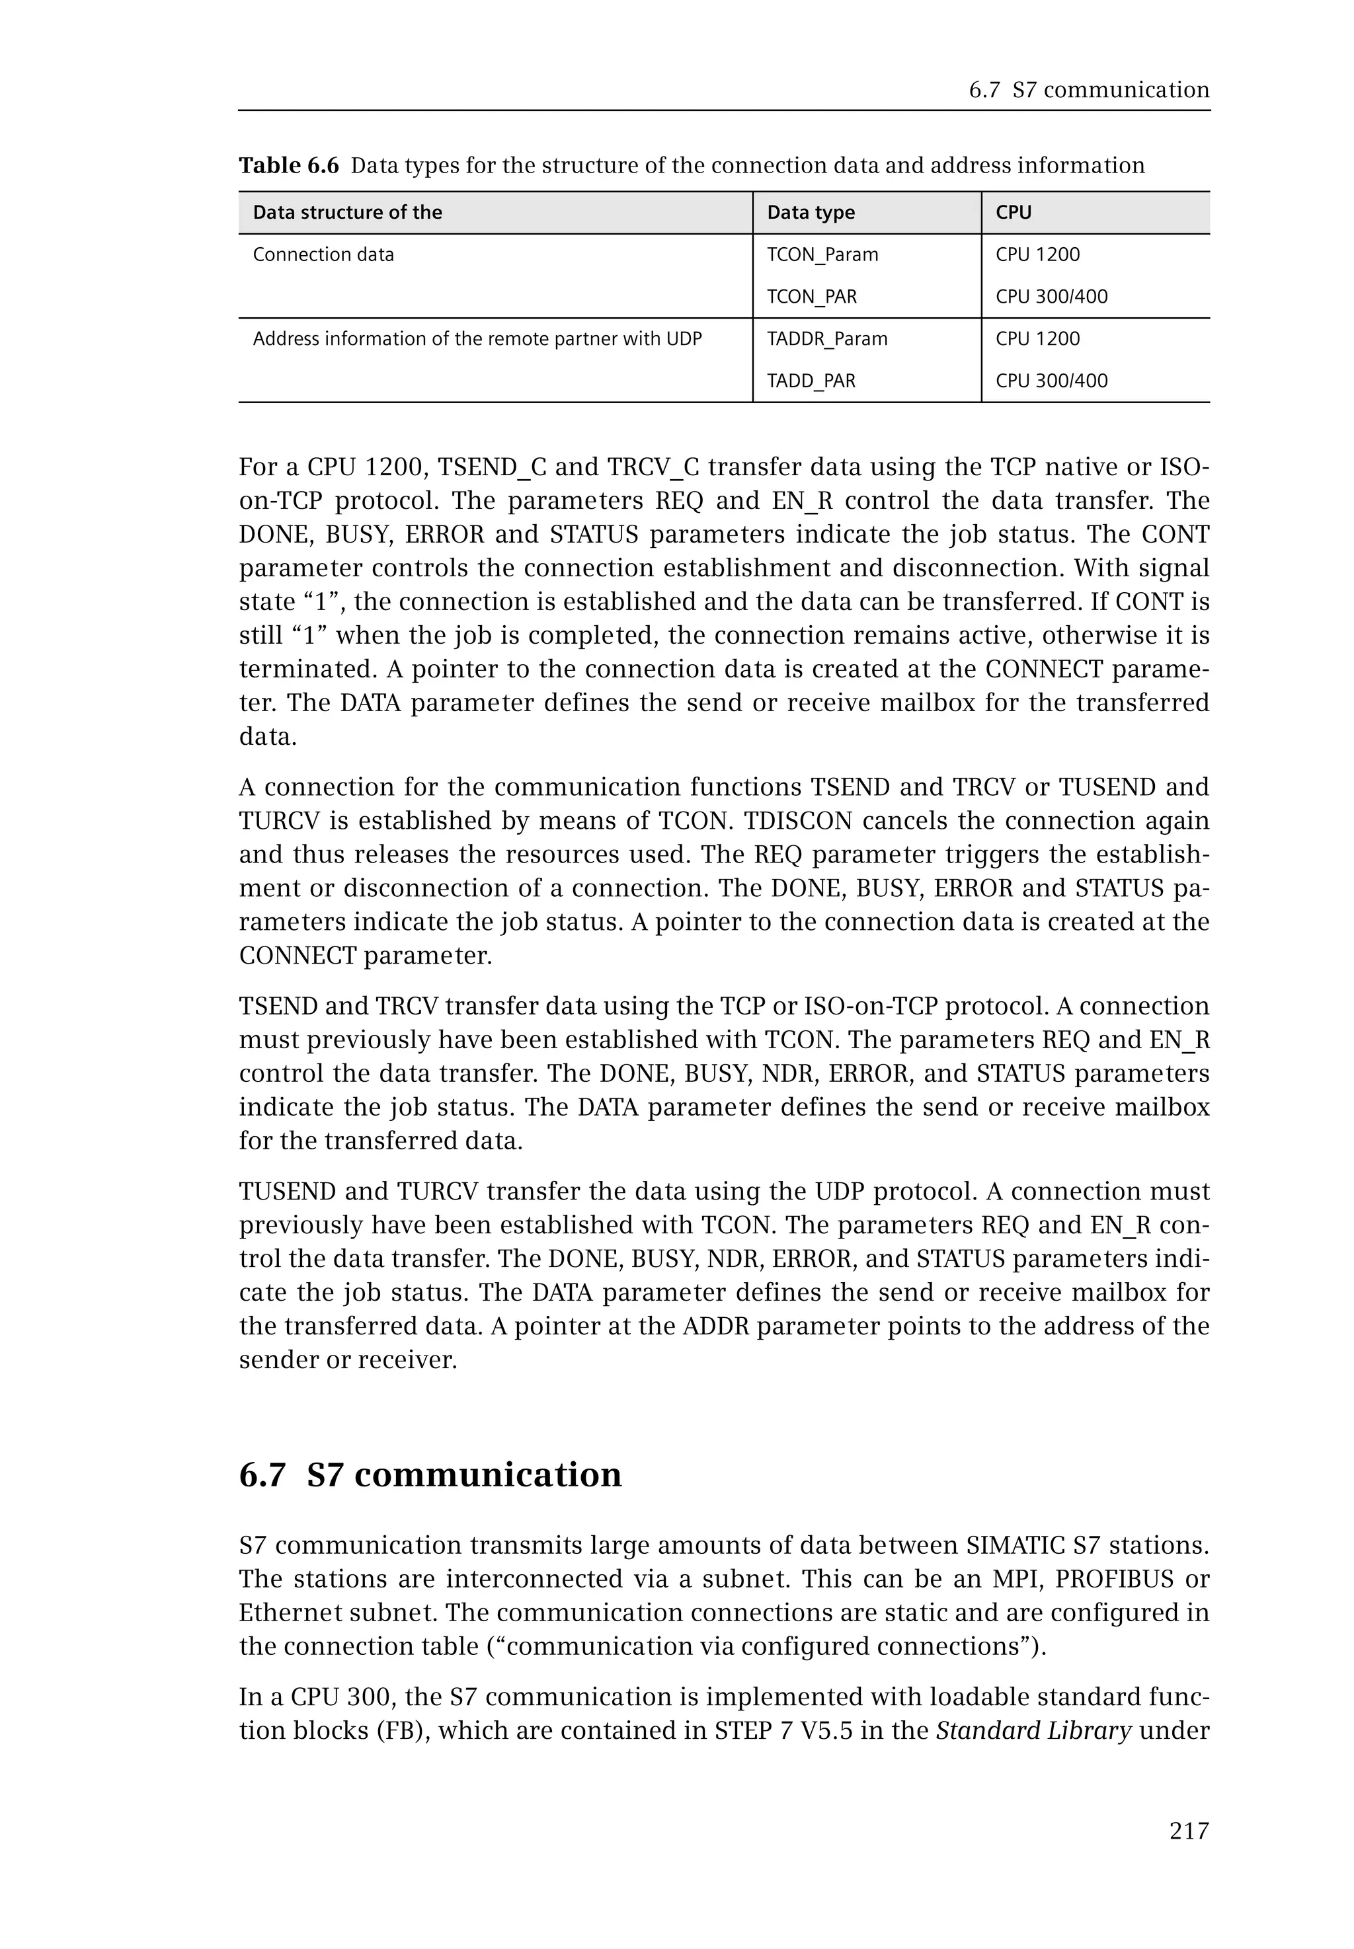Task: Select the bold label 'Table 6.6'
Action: click(288, 165)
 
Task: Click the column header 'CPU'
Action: click(1013, 213)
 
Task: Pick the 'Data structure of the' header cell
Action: click(347, 213)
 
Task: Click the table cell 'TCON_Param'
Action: click(822, 254)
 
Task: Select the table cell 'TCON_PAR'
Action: click(811, 297)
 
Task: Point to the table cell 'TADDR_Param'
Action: click(826, 339)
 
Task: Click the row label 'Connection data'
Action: click(323, 254)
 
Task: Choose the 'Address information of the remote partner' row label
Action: click(477, 339)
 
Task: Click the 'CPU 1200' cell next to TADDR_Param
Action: click(1037, 339)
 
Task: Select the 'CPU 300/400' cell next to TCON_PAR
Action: click(1051, 297)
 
